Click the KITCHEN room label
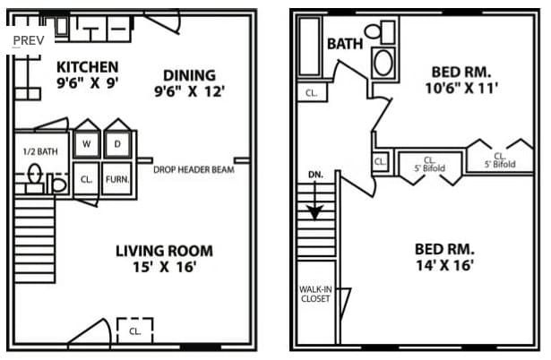tap(87, 67)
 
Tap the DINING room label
tap(189, 75)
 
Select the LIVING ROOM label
tap(164, 251)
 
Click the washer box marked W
tap(86, 143)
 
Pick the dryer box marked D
tap(117, 143)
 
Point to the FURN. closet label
tap(117, 179)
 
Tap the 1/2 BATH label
tap(40, 151)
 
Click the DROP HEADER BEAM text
tap(194, 169)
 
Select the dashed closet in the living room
tap(135, 330)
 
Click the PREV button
tap(29, 40)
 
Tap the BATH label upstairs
tap(345, 44)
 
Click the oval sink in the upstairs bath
tap(383, 63)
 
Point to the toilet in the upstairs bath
tap(380, 31)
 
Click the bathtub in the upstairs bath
tap(309, 47)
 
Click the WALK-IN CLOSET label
tap(315, 294)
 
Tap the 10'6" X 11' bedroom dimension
tap(461, 88)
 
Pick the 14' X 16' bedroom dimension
tap(445, 265)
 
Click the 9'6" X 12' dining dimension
tap(189, 91)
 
